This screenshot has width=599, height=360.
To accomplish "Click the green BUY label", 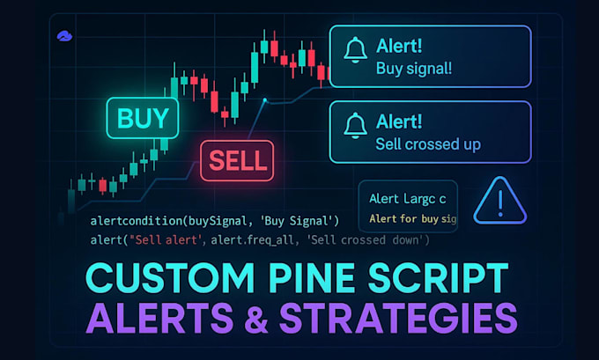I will [x=142, y=116].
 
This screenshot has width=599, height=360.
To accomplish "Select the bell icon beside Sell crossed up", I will [x=355, y=125].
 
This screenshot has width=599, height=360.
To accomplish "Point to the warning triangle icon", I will [x=499, y=200].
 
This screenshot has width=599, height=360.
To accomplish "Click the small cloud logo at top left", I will [x=63, y=36].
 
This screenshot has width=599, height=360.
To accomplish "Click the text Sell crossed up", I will [x=428, y=143].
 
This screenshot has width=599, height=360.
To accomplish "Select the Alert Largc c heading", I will [x=407, y=199].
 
